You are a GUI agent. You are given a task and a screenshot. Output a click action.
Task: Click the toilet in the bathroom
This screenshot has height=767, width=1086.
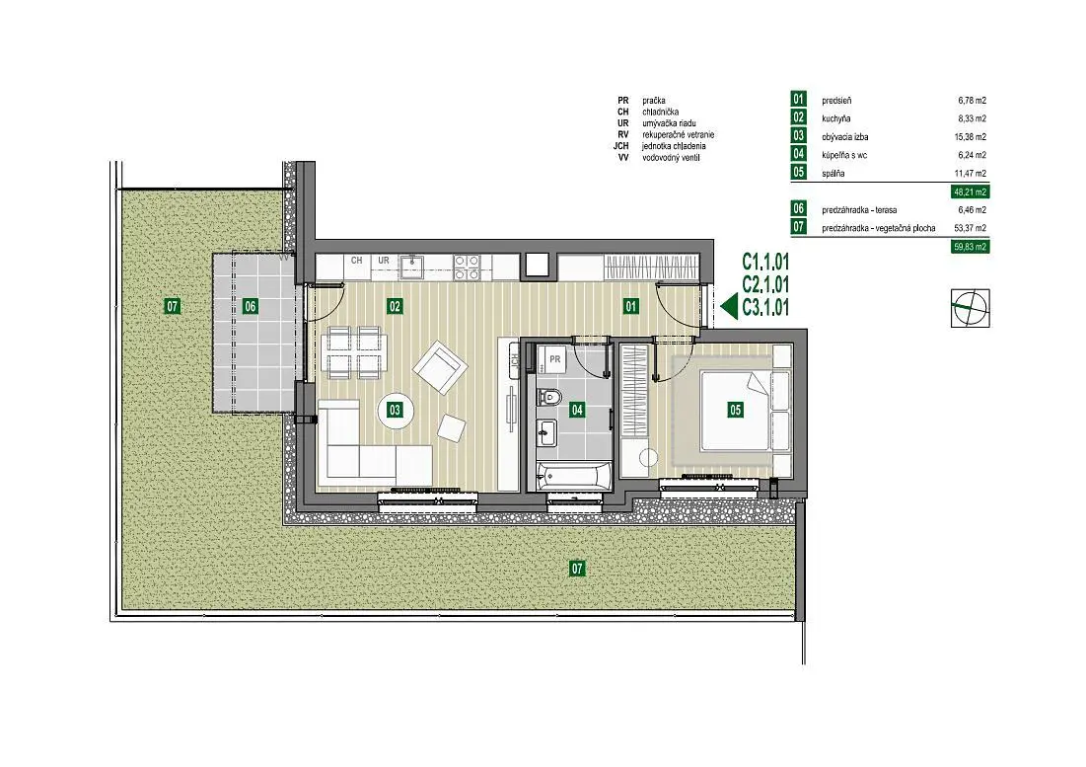coord(549,396)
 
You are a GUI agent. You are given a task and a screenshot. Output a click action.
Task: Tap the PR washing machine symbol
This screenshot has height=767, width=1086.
coord(554,359)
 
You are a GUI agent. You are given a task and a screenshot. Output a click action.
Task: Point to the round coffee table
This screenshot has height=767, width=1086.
coord(395,410)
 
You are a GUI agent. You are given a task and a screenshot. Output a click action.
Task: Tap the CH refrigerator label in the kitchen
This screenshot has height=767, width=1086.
coord(357,261)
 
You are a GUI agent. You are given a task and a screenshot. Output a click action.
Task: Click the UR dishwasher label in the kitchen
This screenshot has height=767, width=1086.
coord(383,261)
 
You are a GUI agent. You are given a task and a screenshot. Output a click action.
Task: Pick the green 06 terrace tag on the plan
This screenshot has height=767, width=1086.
coord(250,306)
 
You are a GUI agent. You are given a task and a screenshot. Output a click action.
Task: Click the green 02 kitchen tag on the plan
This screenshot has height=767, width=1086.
coord(395,306)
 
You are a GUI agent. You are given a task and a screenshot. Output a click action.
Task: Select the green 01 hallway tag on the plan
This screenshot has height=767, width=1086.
coord(631,306)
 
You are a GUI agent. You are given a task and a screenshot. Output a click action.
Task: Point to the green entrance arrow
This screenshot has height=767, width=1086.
coord(729,306)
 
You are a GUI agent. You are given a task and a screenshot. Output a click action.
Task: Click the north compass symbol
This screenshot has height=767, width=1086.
coord(971,307)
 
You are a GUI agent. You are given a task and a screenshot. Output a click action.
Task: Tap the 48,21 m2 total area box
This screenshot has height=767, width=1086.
coord(970,192)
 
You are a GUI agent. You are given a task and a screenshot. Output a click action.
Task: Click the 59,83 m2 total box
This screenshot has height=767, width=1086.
coord(970,246)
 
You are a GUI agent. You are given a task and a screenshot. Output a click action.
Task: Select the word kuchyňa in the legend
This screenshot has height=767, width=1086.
coord(836,118)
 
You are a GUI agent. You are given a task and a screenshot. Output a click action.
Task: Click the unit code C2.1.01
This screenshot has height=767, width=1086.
coord(765,284)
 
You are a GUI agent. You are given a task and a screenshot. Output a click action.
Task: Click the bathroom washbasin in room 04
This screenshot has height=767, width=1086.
coord(547,433)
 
